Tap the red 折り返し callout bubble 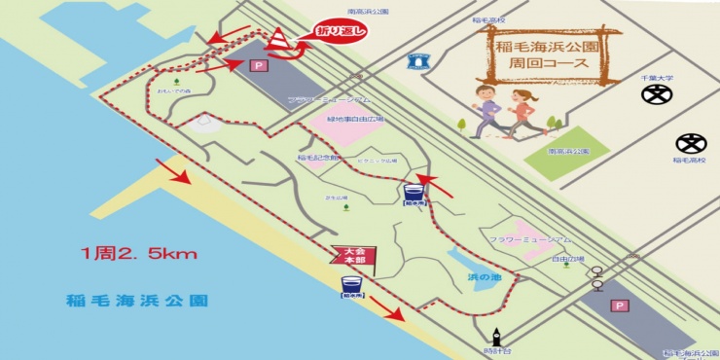342,32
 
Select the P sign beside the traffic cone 258,66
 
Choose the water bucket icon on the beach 352,285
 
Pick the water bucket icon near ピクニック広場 413,192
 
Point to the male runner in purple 486,108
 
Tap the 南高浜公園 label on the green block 568,152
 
